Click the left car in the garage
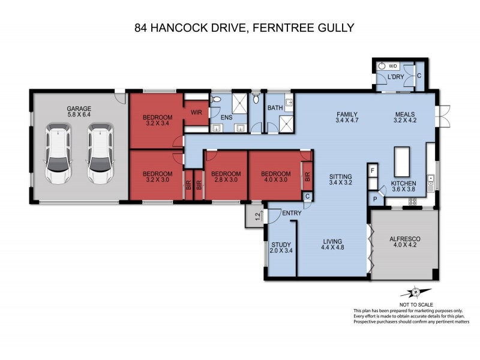click(x=58, y=155)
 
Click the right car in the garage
click(x=100, y=155)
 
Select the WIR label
click(x=196, y=112)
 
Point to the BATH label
click(x=275, y=108)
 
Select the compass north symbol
click(x=414, y=292)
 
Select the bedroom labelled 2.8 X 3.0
click(x=226, y=178)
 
